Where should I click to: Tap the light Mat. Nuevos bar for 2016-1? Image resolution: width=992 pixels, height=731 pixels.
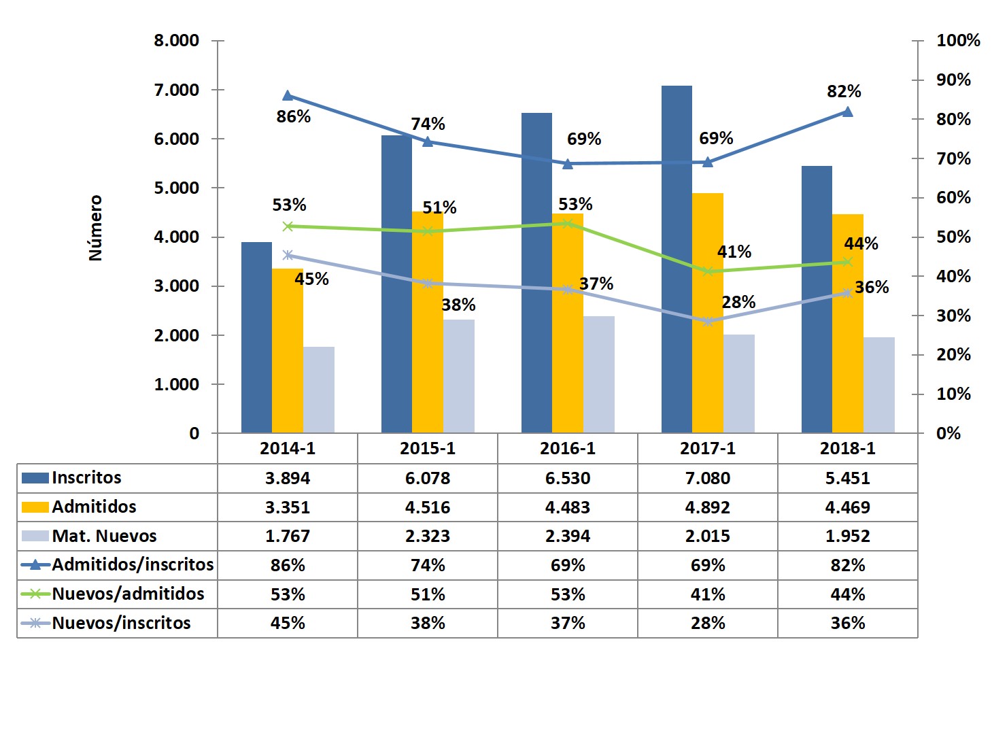tap(598, 374)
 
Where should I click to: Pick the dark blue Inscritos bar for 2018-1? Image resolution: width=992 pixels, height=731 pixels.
tap(817, 299)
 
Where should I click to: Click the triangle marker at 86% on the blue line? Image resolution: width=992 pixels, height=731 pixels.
tap(288, 95)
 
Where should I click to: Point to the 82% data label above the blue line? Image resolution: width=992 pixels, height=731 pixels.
tap(844, 91)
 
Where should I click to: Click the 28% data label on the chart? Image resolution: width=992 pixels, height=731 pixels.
tap(738, 302)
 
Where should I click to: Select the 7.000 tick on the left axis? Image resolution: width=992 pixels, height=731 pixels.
tap(176, 90)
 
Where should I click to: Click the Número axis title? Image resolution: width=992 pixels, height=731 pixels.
tap(95, 228)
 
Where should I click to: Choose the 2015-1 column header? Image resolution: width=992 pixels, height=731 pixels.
tap(427, 448)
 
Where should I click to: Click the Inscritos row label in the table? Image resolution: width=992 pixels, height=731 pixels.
tap(86, 477)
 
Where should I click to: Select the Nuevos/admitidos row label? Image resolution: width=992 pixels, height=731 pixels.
tap(128, 594)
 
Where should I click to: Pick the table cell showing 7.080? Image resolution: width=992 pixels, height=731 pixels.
tap(707, 478)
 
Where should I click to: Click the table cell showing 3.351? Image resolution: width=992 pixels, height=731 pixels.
tap(287, 507)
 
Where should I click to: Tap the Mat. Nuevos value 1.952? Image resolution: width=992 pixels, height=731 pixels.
tap(847, 536)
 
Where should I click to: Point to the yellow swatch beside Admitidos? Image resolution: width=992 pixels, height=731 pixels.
tap(35, 507)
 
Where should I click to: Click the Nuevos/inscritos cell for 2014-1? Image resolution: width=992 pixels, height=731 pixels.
tap(287, 623)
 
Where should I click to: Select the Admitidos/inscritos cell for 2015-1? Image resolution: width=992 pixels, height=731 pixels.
tap(427, 565)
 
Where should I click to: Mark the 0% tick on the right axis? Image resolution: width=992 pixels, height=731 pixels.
tap(948, 433)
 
